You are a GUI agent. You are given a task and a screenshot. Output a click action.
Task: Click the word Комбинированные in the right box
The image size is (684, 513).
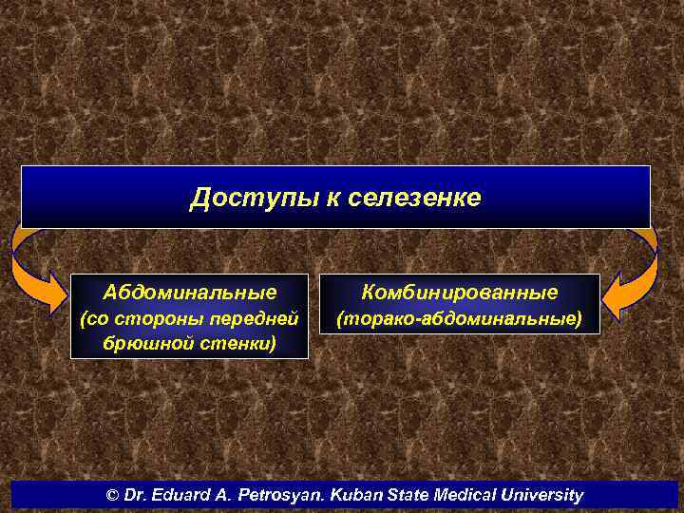(460, 292)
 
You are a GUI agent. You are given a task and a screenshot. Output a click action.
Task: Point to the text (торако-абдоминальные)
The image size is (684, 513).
(460, 319)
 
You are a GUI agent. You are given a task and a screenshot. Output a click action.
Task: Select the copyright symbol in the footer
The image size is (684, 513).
(113, 496)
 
